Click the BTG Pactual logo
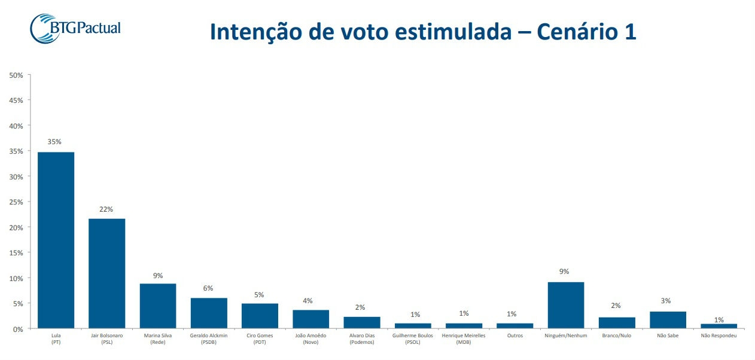(x=75, y=28)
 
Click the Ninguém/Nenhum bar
(x=566, y=305)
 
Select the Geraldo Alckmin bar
(x=209, y=313)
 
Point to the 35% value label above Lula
(x=54, y=142)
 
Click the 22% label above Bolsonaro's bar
(x=106, y=209)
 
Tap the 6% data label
(x=208, y=288)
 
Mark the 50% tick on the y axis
(x=16, y=75)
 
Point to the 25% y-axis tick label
(x=16, y=202)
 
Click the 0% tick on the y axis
(x=18, y=329)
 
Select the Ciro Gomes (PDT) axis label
(x=260, y=338)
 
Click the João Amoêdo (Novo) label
(x=310, y=338)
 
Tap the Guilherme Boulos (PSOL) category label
(x=413, y=338)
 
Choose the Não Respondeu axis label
(x=719, y=336)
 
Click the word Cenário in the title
(x=576, y=32)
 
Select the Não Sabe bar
(x=668, y=320)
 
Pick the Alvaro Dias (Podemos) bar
(x=362, y=323)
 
